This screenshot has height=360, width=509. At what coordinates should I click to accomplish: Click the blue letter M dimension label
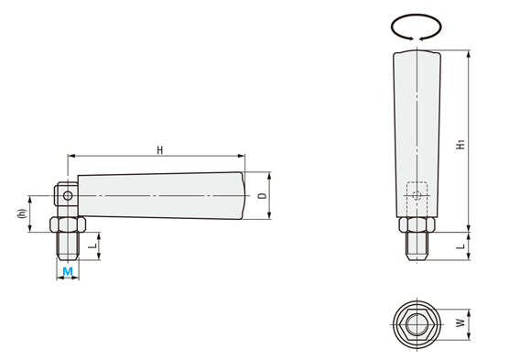coord(68,271)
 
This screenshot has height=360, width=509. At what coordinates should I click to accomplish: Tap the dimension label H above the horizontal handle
coord(159,150)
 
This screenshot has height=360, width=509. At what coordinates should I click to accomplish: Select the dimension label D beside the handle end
coord(263,196)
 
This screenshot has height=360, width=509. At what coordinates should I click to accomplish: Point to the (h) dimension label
coord(22,213)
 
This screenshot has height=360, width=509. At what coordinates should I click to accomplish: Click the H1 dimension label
coord(460,144)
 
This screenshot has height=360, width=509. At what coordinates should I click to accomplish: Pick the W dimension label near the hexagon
coord(460,322)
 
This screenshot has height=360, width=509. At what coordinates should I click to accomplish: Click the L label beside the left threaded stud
coord(92,245)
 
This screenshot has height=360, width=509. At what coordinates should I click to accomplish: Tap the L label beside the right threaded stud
coord(460,246)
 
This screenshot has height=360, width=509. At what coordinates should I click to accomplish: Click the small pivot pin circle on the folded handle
coord(68,196)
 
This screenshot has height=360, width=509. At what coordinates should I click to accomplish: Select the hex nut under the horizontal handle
coord(68,224)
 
